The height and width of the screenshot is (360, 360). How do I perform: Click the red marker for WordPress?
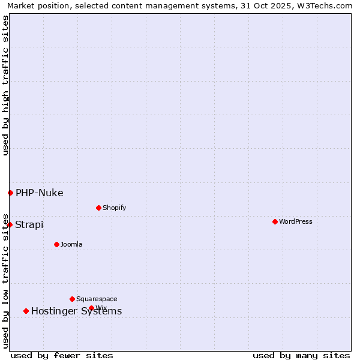[275, 221]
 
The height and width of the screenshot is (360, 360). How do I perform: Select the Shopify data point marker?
[98, 208]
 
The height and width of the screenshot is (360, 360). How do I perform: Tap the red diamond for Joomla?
[56, 244]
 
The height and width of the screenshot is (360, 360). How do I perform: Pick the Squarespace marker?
[72, 299]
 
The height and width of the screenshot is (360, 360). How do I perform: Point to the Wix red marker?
[91, 308]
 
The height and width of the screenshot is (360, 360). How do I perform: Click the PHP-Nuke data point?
[10, 193]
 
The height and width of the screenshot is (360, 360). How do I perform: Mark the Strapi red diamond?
[10, 224]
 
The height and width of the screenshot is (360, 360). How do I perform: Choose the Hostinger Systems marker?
[26, 311]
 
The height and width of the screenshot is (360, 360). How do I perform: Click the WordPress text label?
[296, 221]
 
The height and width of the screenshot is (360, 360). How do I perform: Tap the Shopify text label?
[114, 208]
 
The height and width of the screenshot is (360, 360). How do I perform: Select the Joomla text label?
[71, 244]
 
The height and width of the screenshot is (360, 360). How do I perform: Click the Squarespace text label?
[97, 299]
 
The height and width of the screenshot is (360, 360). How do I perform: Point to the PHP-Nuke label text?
[40, 193]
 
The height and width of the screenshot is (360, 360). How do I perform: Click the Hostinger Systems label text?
[77, 311]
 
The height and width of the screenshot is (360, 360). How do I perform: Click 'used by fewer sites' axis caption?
[62, 355]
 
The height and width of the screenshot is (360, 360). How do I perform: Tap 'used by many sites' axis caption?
[301, 355]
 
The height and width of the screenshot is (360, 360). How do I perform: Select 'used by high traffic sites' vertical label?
[5, 85]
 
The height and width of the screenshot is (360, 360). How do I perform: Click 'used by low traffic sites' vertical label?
[5, 281]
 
